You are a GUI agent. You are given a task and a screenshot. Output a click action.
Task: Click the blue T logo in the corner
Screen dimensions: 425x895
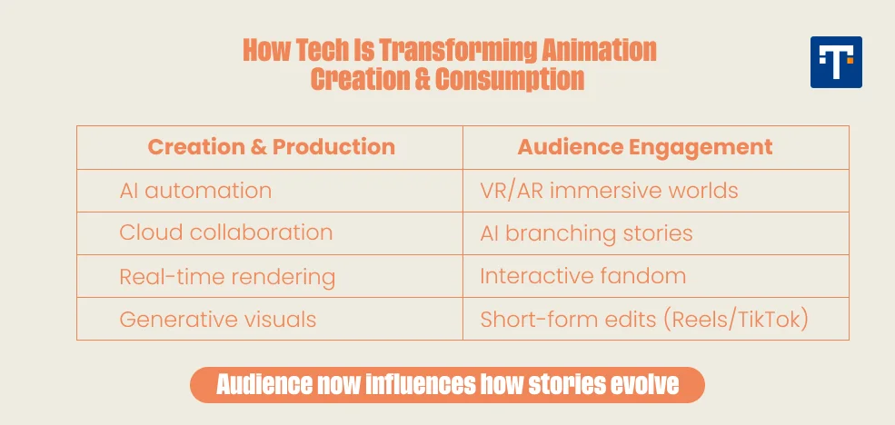coord(836,62)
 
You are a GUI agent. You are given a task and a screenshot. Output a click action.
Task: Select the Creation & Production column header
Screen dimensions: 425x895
coord(271,147)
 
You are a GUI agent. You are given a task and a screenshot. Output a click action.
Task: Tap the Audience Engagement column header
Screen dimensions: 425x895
coord(645,147)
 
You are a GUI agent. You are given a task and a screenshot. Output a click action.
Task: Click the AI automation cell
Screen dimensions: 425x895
coord(195,191)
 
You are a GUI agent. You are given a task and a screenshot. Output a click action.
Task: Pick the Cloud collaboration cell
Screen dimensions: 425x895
coord(225,232)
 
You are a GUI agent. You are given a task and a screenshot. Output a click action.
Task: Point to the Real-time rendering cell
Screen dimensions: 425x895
coord(227,277)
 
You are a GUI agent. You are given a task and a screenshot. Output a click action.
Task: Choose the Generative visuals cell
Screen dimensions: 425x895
coord(218,320)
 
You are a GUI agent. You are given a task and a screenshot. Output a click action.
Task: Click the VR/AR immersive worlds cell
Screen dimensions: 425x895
coord(609,191)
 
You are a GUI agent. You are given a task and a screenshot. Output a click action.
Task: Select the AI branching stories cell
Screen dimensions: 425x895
coord(586,233)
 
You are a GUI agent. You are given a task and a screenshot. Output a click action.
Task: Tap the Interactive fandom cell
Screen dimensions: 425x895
coord(582,276)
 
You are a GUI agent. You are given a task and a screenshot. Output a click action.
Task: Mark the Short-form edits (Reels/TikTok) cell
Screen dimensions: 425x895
coord(644,320)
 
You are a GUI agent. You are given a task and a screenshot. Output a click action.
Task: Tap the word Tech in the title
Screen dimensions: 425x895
coord(323,50)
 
